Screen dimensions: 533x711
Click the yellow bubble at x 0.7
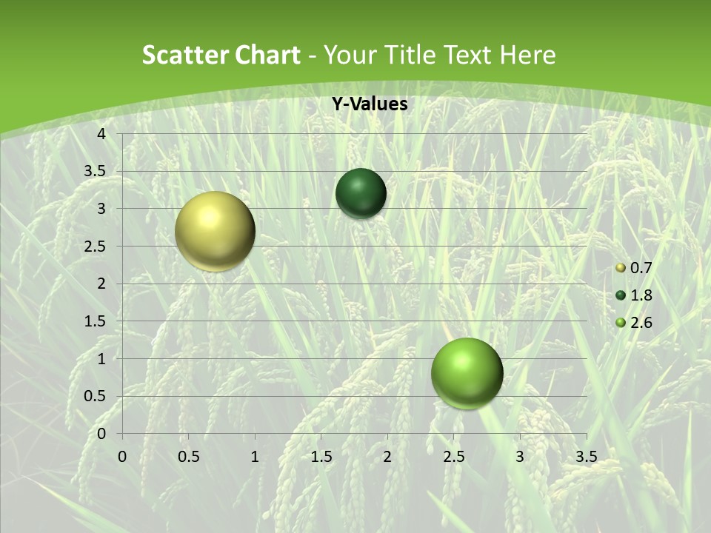click(215, 231)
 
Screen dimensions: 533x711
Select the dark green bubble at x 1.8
click(361, 193)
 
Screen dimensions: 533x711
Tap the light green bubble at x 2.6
click(467, 373)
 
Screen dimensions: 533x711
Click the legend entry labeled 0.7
click(640, 268)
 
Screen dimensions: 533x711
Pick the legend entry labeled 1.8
click(640, 295)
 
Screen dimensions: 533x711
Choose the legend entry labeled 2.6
click(640, 323)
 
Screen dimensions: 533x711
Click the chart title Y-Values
click(369, 104)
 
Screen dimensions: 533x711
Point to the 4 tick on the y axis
click(101, 133)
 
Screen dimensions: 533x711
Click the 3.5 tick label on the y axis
click(95, 171)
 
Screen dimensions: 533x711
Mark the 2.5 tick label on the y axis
click(95, 246)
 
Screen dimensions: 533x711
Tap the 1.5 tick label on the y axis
click(95, 321)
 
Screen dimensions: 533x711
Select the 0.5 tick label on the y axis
click(95, 396)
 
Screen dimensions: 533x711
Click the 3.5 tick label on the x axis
click(586, 457)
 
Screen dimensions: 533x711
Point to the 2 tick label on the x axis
click(387, 457)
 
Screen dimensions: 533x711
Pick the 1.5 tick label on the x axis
click(321, 457)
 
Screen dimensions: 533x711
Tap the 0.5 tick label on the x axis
click(188, 457)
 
